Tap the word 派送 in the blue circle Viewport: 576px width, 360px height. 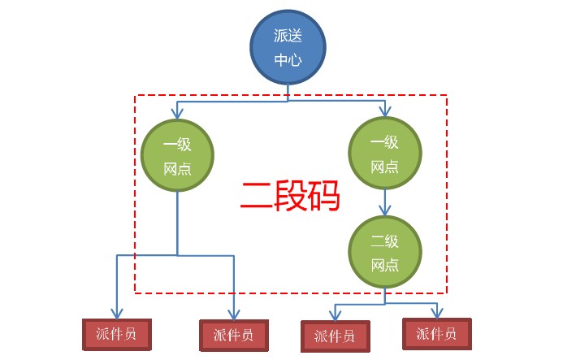click(288, 37)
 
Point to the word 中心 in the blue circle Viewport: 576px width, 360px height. click(288, 59)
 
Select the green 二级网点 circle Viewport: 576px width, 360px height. click(384, 253)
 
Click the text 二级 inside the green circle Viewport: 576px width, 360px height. click(384, 241)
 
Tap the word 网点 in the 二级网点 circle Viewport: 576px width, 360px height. click(384, 265)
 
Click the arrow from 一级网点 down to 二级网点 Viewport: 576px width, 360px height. click(385, 202)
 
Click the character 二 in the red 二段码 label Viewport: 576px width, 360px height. click(257, 196)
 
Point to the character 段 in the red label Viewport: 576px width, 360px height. click(289, 196)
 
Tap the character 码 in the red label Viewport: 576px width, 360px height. click(323, 196)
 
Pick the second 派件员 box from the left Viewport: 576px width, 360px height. click(233, 334)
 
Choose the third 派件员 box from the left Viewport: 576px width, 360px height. click(334, 335)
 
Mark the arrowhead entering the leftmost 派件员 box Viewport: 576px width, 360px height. click(117, 314)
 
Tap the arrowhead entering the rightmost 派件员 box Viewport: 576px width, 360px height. click(437, 312)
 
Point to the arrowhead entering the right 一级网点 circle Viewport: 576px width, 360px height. click(384, 114)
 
